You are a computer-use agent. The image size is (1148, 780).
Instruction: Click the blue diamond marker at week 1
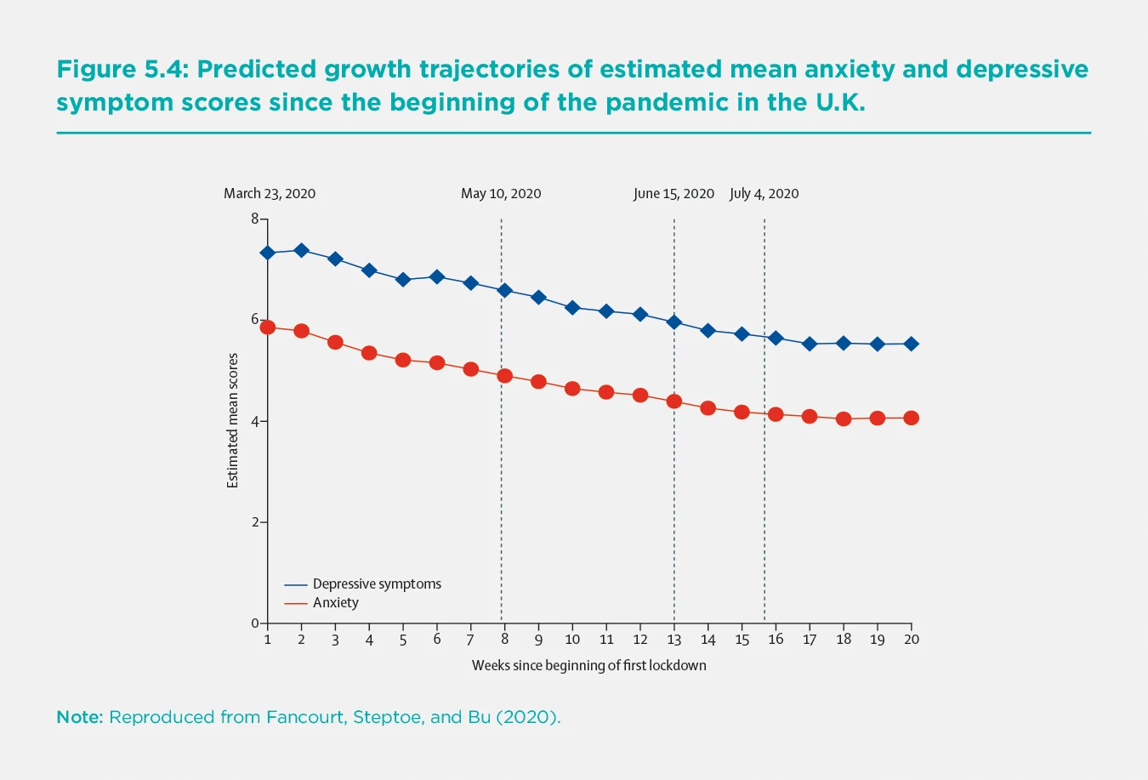pyautogui.click(x=268, y=253)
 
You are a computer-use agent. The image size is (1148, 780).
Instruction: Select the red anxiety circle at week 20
pyautogui.click(x=911, y=418)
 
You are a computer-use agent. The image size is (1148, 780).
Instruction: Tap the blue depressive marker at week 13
pyautogui.click(x=674, y=322)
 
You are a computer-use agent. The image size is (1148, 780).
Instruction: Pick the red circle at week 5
pyautogui.click(x=403, y=360)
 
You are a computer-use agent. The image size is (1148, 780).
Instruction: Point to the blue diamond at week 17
pyautogui.click(x=810, y=344)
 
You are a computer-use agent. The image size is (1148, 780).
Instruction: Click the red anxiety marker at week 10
pyautogui.click(x=572, y=389)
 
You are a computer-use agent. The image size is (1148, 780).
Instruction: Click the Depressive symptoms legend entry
pyautogui.click(x=376, y=584)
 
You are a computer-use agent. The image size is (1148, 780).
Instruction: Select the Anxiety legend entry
pyautogui.click(x=335, y=603)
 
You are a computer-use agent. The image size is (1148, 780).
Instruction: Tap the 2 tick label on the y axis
pyautogui.click(x=254, y=522)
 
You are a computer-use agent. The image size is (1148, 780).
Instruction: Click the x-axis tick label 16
pyautogui.click(x=776, y=640)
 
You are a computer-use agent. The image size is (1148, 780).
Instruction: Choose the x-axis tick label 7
pyautogui.click(x=470, y=640)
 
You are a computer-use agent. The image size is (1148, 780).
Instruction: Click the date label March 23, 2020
pyautogui.click(x=270, y=194)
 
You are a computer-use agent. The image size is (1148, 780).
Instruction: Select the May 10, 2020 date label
pyautogui.click(x=501, y=194)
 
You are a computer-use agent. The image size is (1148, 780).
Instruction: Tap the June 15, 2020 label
pyautogui.click(x=673, y=194)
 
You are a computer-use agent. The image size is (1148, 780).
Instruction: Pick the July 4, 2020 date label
pyautogui.click(x=764, y=194)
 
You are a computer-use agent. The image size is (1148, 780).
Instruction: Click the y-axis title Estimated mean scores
pyautogui.click(x=233, y=421)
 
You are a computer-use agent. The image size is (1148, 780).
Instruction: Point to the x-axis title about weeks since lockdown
pyautogui.click(x=588, y=666)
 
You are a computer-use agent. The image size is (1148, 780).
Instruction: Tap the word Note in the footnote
pyautogui.click(x=79, y=717)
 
